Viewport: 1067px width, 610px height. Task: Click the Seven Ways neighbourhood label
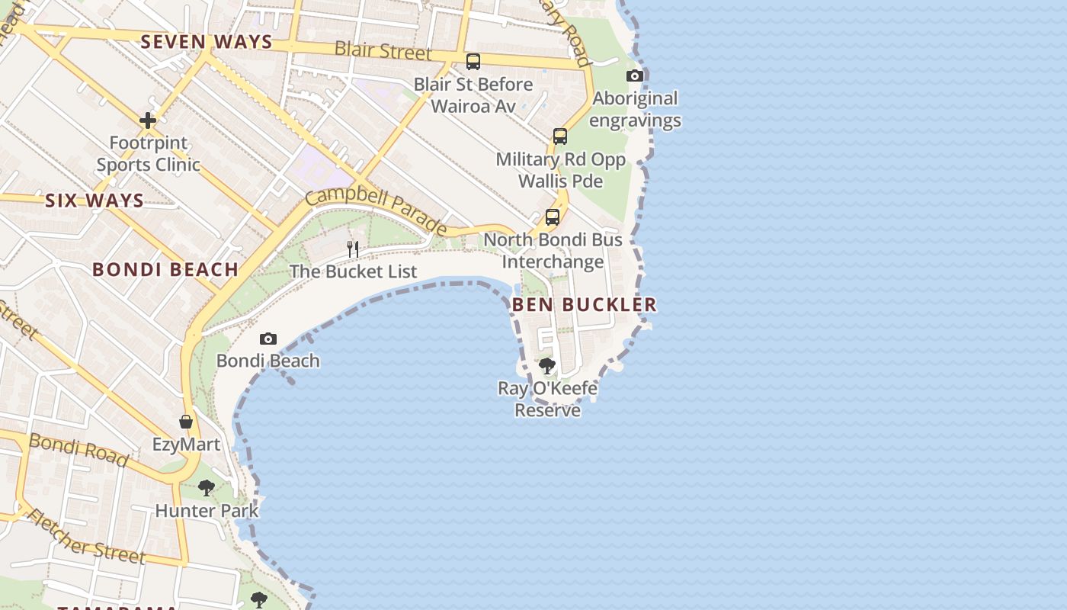click(207, 42)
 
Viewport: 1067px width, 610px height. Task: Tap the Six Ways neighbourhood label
click(95, 201)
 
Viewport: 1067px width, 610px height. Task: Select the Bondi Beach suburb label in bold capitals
click(165, 269)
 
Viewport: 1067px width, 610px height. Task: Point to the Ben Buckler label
click(584, 305)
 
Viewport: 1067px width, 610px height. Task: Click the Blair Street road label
click(383, 51)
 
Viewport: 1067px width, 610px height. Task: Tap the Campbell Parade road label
click(376, 209)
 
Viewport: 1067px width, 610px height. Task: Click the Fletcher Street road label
click(85, 537)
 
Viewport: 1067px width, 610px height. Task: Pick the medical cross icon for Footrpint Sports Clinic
click(148, 120)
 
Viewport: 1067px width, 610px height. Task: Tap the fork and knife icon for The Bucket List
click(353, 249)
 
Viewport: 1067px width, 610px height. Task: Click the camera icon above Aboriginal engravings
click(635, 75)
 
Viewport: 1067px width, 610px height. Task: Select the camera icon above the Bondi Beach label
click(268, 339)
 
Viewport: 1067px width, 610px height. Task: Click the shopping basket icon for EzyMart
click(186, 422)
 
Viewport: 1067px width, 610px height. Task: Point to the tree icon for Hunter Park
click(206, 487)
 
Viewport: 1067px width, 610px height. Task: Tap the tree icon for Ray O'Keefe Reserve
click(547, 366)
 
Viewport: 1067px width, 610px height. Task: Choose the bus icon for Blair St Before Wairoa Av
click(473, 62)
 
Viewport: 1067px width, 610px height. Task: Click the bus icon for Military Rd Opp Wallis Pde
click(560, 136)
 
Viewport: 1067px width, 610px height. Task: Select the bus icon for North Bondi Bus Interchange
click(553, 217)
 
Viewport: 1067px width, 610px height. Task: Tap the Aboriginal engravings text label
click(635, 109)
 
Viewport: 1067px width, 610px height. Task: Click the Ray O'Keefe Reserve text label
click(547, 400)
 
